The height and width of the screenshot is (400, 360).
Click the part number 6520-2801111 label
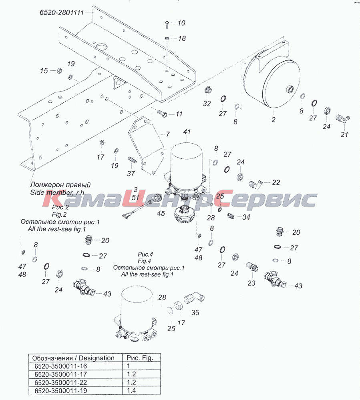62,12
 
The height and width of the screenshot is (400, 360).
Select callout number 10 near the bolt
181,23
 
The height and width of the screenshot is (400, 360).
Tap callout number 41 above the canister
187,132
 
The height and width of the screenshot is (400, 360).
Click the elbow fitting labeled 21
342,119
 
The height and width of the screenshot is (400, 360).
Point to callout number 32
207,104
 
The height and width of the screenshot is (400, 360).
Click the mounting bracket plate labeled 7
145,146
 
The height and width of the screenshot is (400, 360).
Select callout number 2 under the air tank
274,120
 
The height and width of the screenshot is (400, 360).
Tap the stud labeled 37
132,160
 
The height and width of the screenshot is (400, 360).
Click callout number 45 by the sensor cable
161,213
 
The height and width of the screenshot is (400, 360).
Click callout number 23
251,283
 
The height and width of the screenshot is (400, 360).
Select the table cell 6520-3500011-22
61,382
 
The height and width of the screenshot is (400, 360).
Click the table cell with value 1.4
131,390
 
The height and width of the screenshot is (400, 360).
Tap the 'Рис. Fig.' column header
140,358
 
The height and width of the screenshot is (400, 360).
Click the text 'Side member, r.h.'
58,192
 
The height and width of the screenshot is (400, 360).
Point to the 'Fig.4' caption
144,261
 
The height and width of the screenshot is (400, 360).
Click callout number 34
246,217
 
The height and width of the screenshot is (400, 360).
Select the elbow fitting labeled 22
255,184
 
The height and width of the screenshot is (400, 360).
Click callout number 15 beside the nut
44,70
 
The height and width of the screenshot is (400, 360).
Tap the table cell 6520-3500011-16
61,366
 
